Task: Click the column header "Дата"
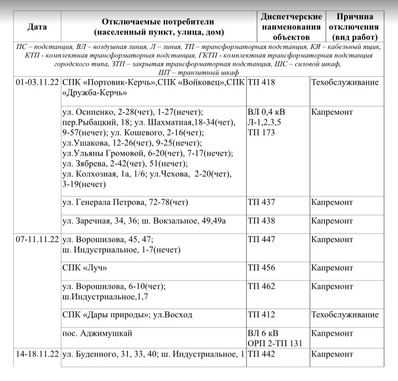point(37,27)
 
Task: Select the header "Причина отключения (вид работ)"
point(354,27)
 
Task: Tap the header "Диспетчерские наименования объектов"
point(291,27)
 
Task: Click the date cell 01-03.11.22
point(37,82)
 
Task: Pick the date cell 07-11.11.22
point(37,240)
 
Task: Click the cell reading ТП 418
point(261,82)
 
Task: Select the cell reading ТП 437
point(261,202)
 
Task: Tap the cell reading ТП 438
point(261,221)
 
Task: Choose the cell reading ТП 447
point(261,240)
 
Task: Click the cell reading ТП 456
point(261,268)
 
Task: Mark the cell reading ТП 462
point(261,287)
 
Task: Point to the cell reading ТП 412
point(261,315)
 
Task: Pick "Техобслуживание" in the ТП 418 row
point(345,82)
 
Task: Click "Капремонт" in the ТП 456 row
point(332,268)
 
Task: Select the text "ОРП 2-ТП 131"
point(275,343)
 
